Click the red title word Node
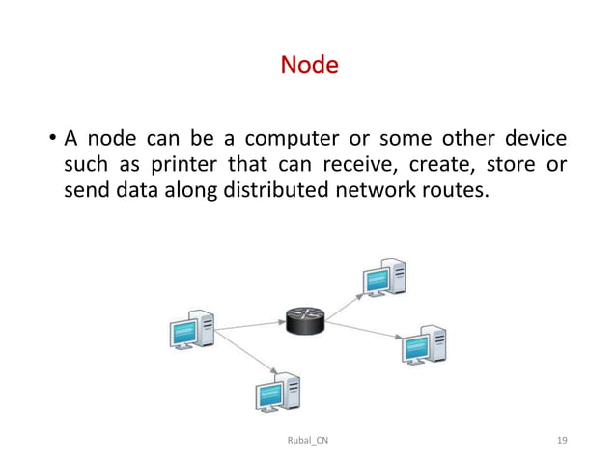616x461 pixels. [x=308, y=67]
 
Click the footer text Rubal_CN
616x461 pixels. [x=308, y=440]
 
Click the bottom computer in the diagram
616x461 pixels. [x=277, y=391]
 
